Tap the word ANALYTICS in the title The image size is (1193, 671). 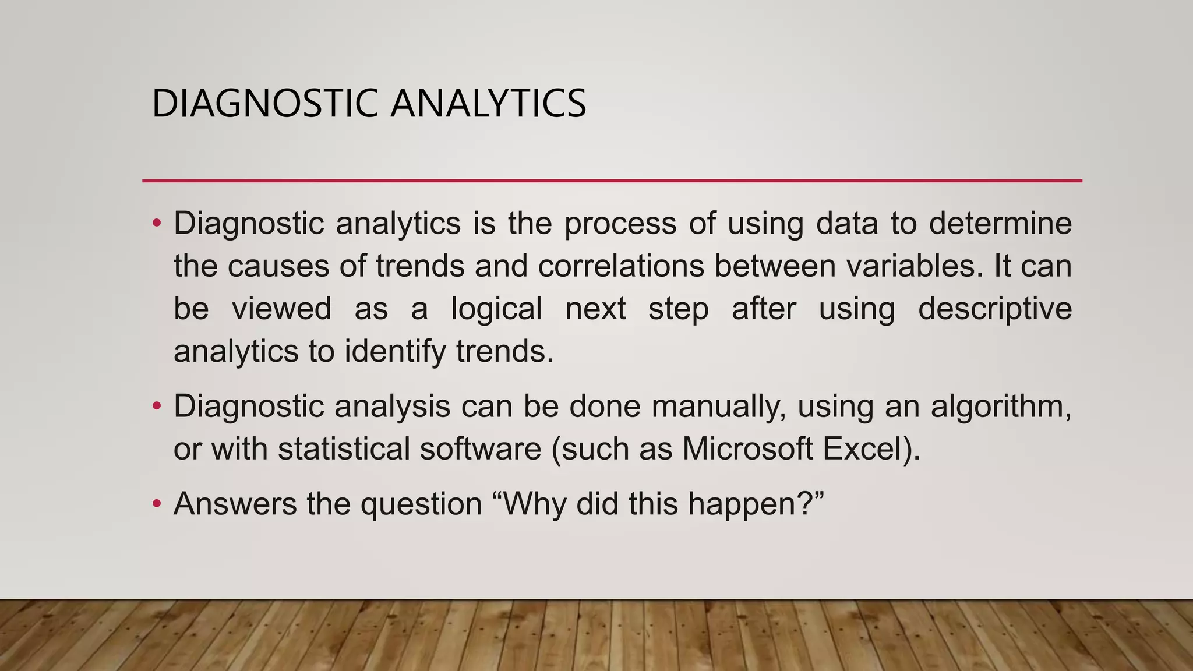tap(488, 104)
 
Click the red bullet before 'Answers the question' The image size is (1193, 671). tap(156, 504)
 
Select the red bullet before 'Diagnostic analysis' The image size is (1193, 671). tap(156, 406)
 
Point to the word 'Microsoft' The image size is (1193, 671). tap(747, 449)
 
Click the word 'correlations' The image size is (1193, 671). tap(621, 266)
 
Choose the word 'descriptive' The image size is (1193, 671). tap(995, 309)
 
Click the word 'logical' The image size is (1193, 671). tap(496, 309)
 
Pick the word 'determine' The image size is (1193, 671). tap(1000, 224)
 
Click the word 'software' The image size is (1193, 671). tap(481, 449)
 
